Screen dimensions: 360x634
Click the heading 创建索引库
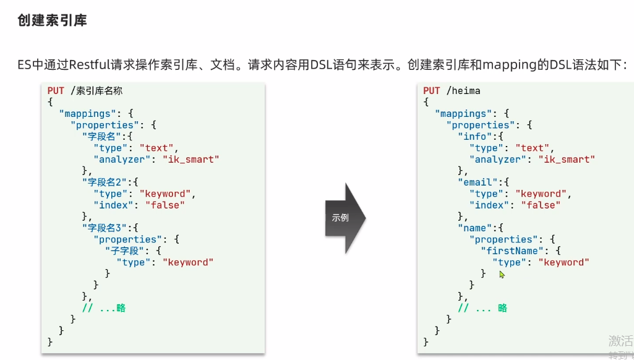pos(53,20)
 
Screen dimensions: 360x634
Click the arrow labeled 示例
pos(345,218)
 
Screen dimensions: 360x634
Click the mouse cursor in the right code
pos(502,274)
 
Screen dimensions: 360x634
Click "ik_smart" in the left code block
pos(191,160)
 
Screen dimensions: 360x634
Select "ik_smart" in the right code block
pos(567,160)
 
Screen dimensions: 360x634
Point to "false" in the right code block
pos(541,205)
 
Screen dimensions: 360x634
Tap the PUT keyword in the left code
pos(56,91)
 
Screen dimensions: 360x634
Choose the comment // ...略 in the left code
pos(104,308)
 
